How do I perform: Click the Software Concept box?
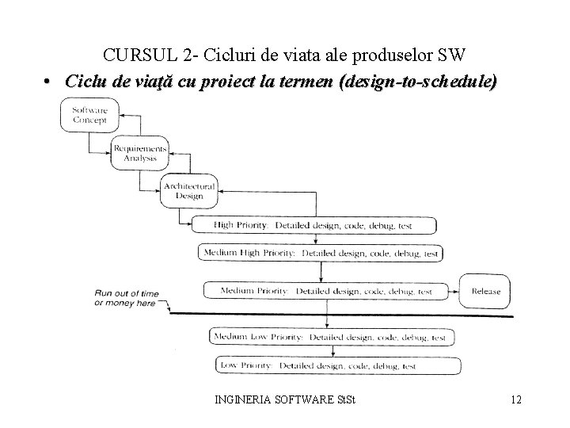coord(90,115)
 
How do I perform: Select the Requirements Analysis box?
coord(139,153)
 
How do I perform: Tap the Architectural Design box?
coord(188,191)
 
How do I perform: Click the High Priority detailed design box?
coord(313,225)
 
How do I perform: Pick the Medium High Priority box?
coord(320,253)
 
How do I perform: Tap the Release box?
coord(485,291)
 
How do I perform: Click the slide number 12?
coord(515,399)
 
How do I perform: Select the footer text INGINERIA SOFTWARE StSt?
coord(285,399)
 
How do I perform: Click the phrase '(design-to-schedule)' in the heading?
coord(417,81)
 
